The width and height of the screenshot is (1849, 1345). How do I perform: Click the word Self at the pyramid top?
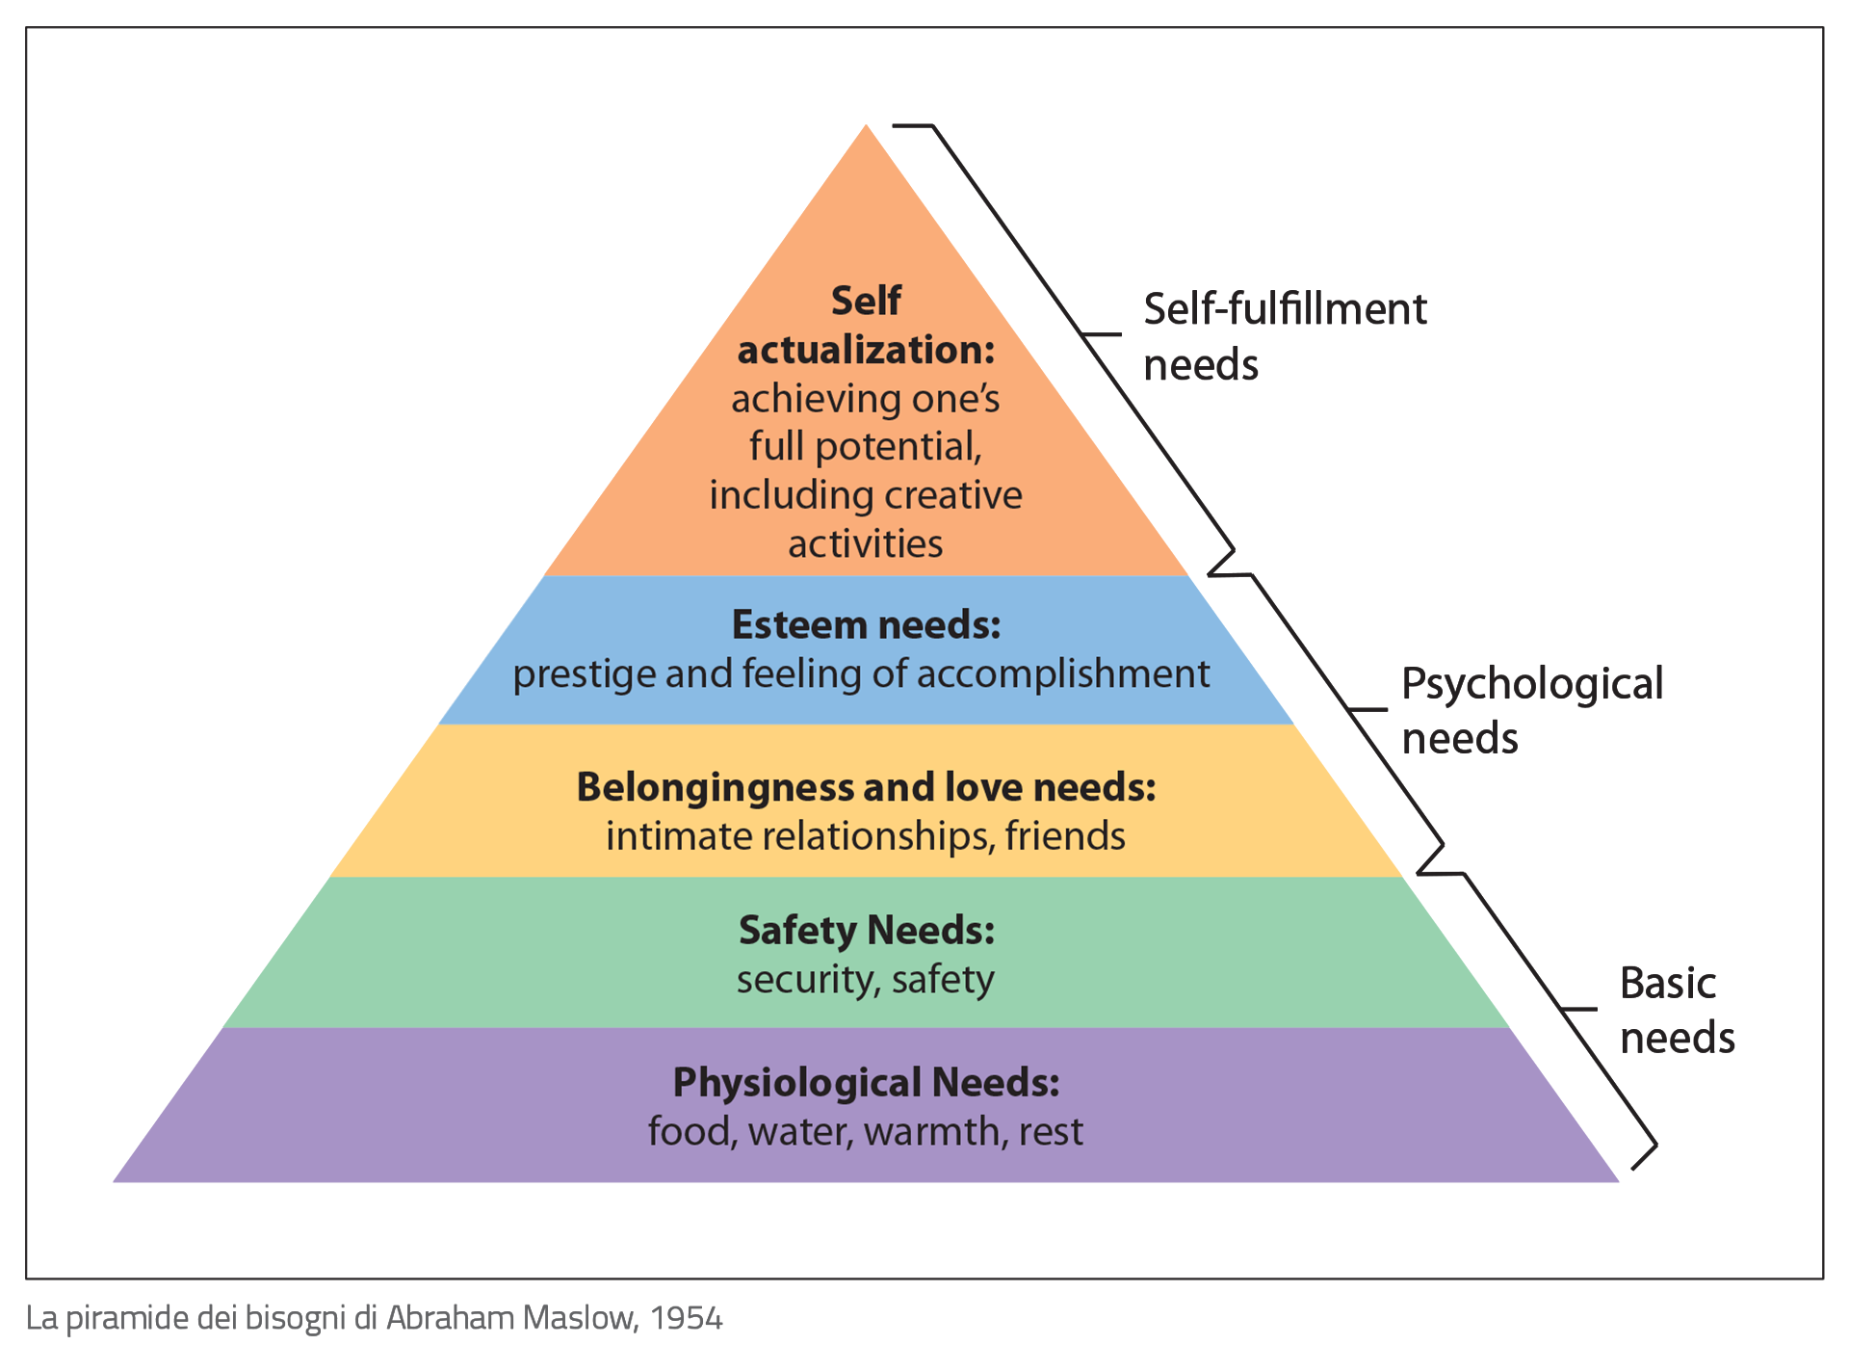click(x=866, y=302)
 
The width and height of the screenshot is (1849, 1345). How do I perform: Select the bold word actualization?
click(x=866, y=350)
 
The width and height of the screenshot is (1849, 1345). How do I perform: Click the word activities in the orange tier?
click(x=866, y=544)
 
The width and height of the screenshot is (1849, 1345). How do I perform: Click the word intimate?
click(x=679, y=836)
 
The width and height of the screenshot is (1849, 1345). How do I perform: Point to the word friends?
click(x=1065, y=836)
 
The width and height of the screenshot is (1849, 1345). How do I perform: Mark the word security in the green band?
click(x=805, y=981)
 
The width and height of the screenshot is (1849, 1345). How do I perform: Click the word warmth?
click(x=931, y=1132)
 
